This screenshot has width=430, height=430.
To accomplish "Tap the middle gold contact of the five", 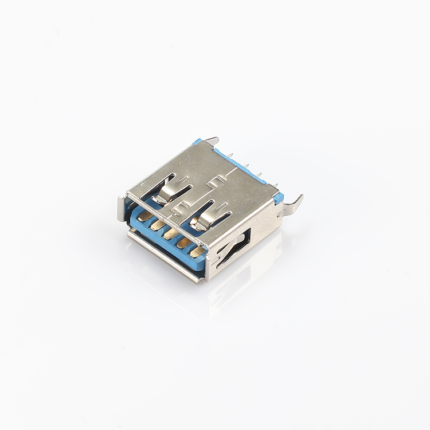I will [x=169, y=234].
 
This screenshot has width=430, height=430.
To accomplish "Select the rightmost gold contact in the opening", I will [x=196, y=251].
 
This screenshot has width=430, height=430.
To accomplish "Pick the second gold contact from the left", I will [x=156, y=225].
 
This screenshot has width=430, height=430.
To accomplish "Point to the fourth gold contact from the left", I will [x=183, y=243].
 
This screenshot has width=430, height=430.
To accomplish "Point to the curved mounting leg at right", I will [x=292, y=205].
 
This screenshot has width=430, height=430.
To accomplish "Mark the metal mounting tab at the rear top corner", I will [x=212, y=140].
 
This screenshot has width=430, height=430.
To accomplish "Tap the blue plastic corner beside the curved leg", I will [x=279, y=198].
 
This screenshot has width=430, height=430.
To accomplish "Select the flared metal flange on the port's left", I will [x=122, y=208].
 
